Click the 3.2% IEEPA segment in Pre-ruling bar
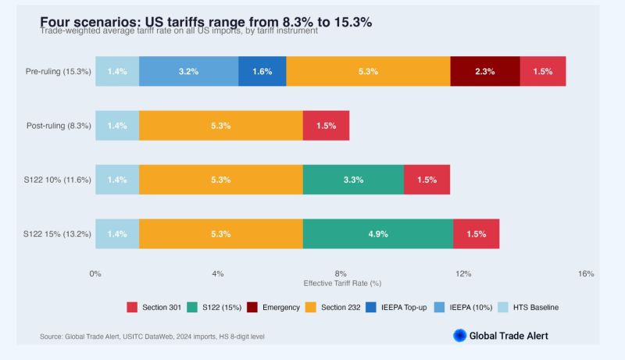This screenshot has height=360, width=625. click(x=188, y=71)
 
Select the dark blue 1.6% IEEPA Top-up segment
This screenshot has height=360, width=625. click(x=262, y=71)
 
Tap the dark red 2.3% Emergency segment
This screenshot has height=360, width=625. click(x=484, y=71)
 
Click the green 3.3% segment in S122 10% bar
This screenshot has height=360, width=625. click(x=353, y=180)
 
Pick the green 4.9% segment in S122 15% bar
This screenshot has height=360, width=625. click(x=377, y=233)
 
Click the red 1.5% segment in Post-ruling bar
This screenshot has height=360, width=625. click(x=326, y=126)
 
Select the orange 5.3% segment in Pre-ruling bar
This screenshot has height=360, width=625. click(x=368, y=71)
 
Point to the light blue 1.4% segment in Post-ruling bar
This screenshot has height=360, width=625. click(x=117, y=126)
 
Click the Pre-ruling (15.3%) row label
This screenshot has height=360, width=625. click(x=59, y=71)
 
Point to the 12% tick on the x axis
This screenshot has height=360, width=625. click(x=463, y=273)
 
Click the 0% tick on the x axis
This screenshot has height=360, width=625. click(x=95, y=273)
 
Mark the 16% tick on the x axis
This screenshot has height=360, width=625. click(x=586, y=273)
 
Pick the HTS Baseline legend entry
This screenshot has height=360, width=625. click(x=530, y=307)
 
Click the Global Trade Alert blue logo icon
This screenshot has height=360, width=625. click(x=460, y=336)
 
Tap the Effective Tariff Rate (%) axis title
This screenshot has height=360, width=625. click(x=341, y=283)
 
